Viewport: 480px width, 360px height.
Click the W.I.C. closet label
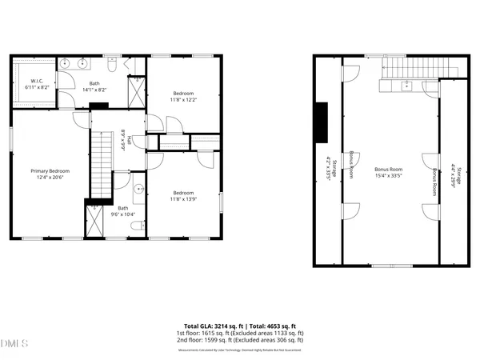pyautogui.click(x=36, y=82)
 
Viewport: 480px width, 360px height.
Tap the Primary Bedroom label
pyautogui.click(x=50, y=171)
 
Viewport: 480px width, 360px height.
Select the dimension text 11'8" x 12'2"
pyautogui.click(x=182, y=99)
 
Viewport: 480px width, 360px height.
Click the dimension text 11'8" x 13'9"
pyautogui.click(x=183, y=198)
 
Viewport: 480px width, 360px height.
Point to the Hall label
pyautogui.click(x=124, y=140)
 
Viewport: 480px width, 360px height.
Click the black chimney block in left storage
pyautogui.click(x=321, y=121)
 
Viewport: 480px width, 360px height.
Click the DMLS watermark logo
pyautogui.click(x=14, y=345)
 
